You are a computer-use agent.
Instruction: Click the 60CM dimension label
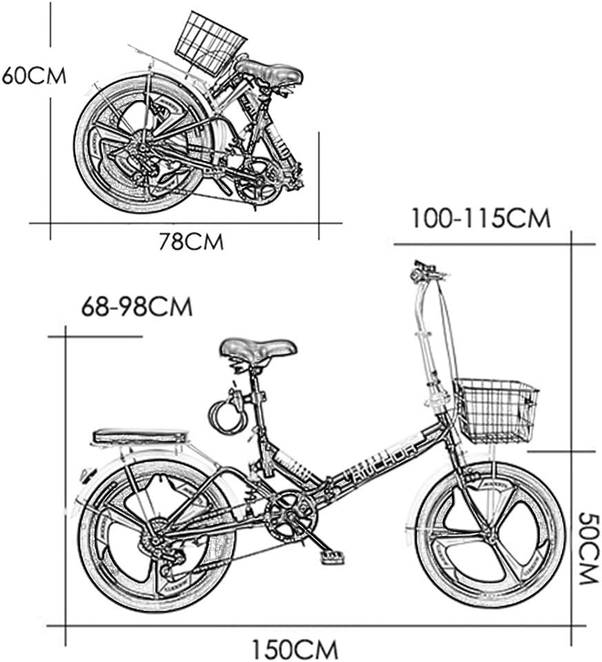pyautogui.click(x=34, y=75)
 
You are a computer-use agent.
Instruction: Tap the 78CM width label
pyautogui.click(x=191, y=243)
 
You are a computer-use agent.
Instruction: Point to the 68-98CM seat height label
pyautogui.click(x=136, y=307)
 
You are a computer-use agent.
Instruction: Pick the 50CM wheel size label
pyautogui.click(x=587, y=548)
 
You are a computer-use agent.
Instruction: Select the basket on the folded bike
pyautogui.click(x=210, y=43)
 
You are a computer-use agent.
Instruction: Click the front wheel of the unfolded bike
pyautogui.click(x=490, y=536)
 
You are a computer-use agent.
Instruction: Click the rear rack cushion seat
pyautogui.click(x=140, y=437)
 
